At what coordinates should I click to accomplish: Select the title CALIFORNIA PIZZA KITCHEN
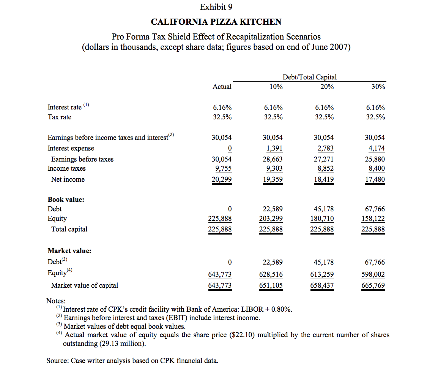pos(216,22)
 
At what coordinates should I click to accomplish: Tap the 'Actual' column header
pos(222,87)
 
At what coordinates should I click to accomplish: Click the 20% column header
pos(327,87)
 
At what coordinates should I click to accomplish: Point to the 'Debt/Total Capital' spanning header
pos(310,77)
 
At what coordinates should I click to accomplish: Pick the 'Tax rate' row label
pos(59,117)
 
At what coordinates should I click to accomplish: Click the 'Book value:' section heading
pos(66,199)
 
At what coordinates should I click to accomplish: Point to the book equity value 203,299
pos(273,219)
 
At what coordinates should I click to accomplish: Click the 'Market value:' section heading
pos(69,251)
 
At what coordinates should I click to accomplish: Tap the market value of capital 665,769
pos(375,285)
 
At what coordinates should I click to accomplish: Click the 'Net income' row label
pos(68,179)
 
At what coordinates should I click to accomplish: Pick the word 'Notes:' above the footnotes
pos(56,301)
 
